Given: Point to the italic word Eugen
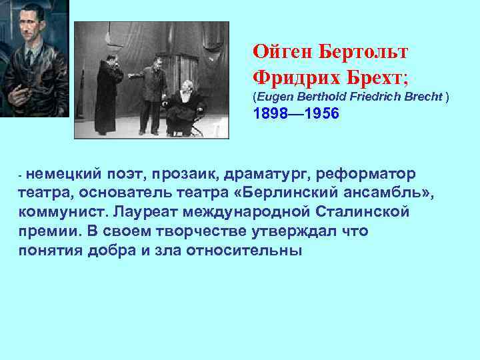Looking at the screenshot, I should click(273, 97).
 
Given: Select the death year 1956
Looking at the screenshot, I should click(321, 115).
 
